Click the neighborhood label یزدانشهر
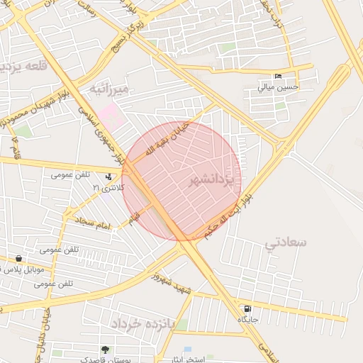pyautogui.click(x=211, y=182)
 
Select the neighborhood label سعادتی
pyautogui.click(x=286, y=242)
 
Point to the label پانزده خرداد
pyautogui.click(x=142, y=323)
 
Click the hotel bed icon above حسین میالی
pyautogui.click(x=278, y=77)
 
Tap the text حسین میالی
pyautogui.click(x=278, y=88)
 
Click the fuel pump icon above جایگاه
pyautogui.click(x=247, y=309)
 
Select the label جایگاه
pyautogui.click(x=247, y=320)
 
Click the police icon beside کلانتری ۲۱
pyautogui.click(x=108, y=177)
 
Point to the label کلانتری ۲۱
pyautogui.click(x=109, y=187)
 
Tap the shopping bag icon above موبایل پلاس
pyautogui.click(x=18, y=259)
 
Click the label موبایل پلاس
pyautogui.click(x=23, y=269)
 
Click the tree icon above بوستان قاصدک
pyautogui.click(x=105, y=350)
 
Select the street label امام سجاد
pyautogui.click(x=94, y=225)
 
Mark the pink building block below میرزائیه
pyautogui.click(x=110, y=116)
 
